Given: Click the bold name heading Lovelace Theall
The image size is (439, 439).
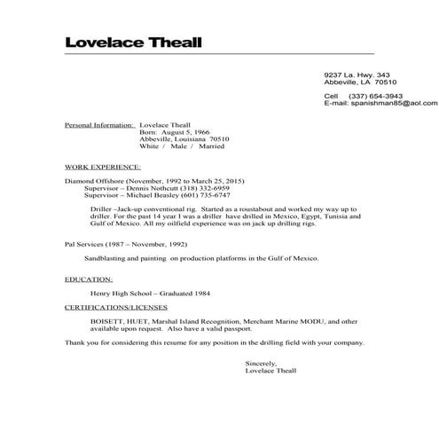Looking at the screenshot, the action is tap(133, 43).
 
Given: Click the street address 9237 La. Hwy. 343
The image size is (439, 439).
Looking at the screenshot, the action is tap(357, 74).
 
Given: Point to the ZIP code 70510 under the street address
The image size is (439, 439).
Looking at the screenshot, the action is tap(385, 82).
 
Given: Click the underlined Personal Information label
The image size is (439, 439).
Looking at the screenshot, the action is tap(98, 125).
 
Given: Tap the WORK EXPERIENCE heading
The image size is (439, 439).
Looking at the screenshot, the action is tap(103, 166).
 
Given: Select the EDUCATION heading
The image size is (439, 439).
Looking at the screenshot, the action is tap(88, 278).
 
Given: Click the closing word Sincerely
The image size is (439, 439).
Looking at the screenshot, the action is tap(261, 363).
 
